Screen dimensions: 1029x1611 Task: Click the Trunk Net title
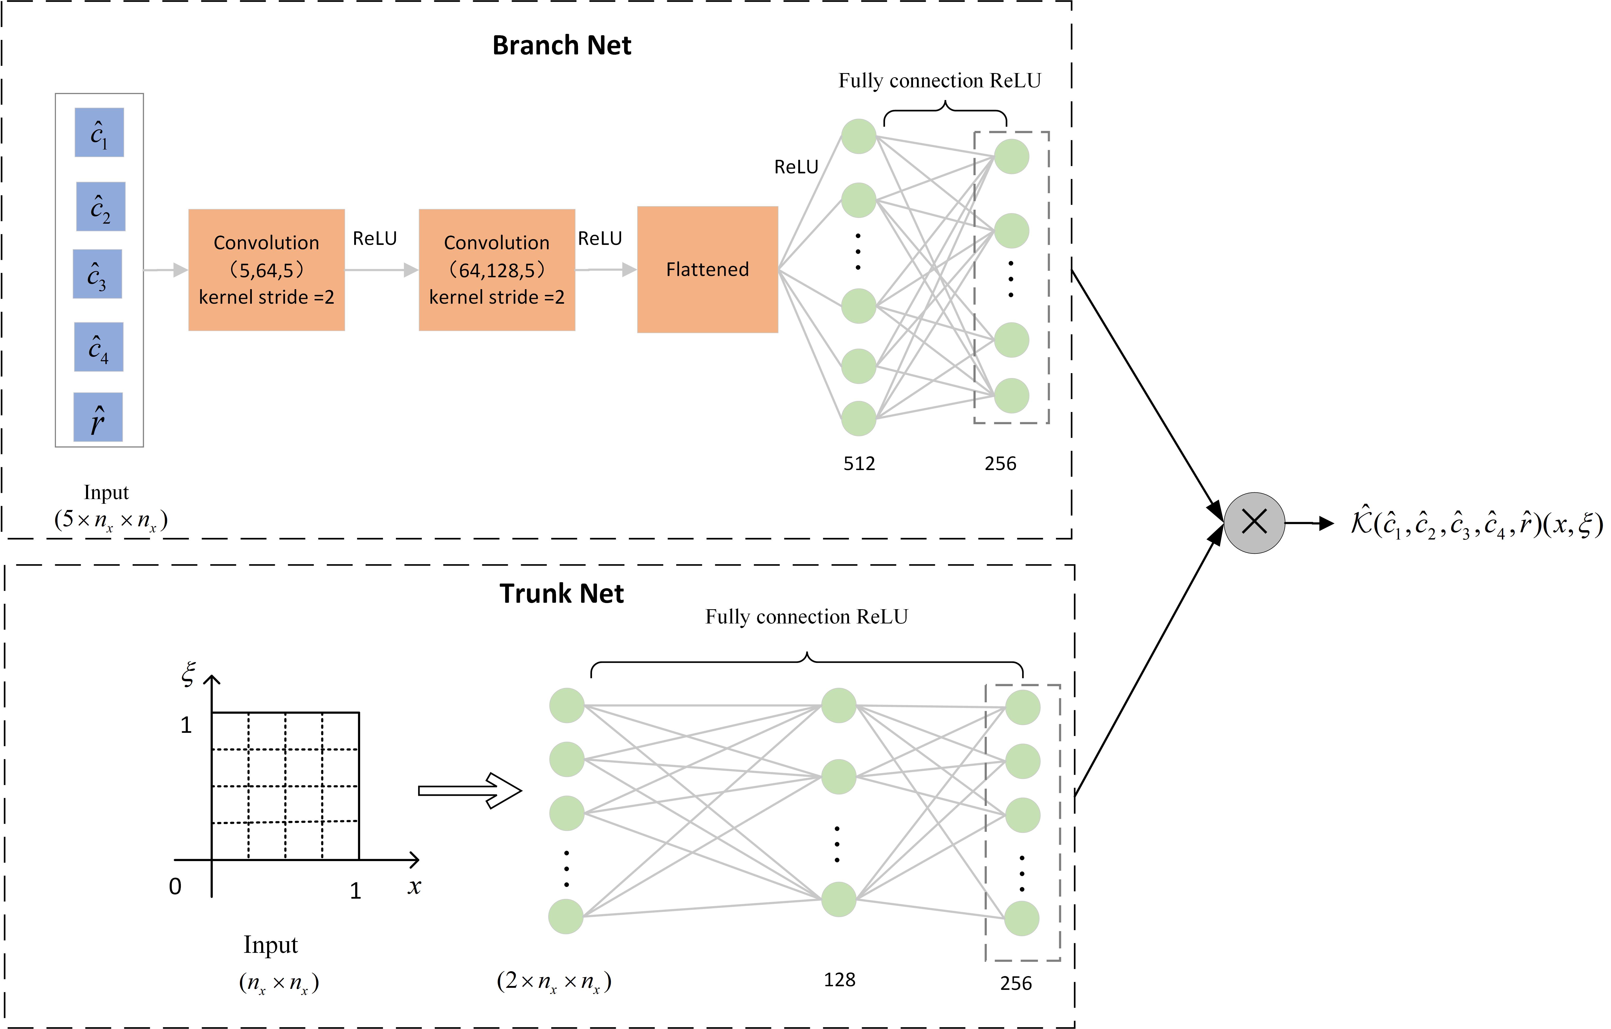point(561,593)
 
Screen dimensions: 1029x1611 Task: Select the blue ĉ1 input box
point(99,132)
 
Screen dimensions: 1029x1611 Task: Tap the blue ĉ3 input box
point(97,274)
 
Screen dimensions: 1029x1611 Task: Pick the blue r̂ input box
point(98,417)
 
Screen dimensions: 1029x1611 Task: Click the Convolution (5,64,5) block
point(266,270)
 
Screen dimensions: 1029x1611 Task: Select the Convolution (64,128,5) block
point(496,270)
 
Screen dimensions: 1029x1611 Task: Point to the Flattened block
point(707,270)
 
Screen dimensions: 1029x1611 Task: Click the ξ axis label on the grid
point(189,673)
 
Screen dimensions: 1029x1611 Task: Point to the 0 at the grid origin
point(175,886)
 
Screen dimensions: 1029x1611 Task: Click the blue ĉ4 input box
point(98,346)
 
